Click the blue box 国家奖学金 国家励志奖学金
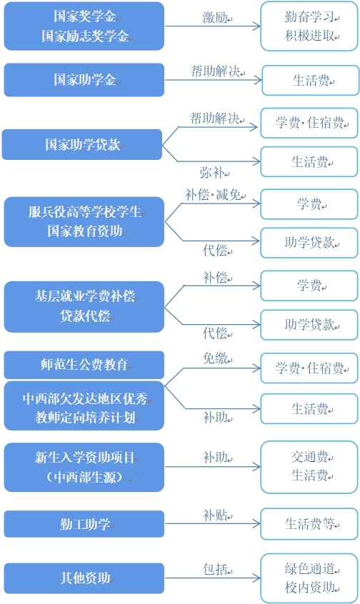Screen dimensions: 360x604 [84, 26]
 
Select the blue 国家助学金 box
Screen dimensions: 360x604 [84, 80]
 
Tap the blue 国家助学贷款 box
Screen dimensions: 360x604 [82, 144]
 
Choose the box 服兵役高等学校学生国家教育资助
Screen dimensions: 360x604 [84, 221]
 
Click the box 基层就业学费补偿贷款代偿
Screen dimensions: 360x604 [84, 306]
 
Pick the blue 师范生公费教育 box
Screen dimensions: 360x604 [84, 364]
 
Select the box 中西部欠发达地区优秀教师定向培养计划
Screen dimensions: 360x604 [84, 406]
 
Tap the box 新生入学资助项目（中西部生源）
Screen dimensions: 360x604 [84, 467]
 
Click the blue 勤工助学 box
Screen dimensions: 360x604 [84, 524]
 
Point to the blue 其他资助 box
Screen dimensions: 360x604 [84, 578]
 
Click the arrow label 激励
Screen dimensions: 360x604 [215, 17]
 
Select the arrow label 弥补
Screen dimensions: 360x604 [212, 173]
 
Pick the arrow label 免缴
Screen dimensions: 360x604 [216, 358]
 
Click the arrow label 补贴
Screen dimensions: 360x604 [216, 515]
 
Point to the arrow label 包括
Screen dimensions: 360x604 [216, 569]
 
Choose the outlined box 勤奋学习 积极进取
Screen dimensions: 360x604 [309, 26]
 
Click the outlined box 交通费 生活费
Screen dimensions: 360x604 [309, 467]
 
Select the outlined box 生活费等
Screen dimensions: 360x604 [309, 524]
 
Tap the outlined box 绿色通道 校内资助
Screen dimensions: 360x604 [309, 578]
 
